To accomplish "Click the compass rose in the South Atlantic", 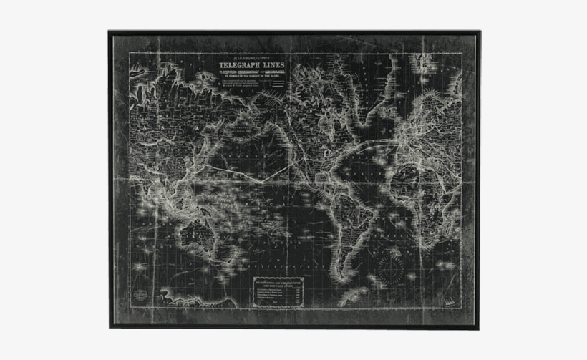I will tap(391, 268).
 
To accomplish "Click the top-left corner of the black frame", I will tap(110, 31).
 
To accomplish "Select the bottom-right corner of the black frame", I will tap(477, 328).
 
